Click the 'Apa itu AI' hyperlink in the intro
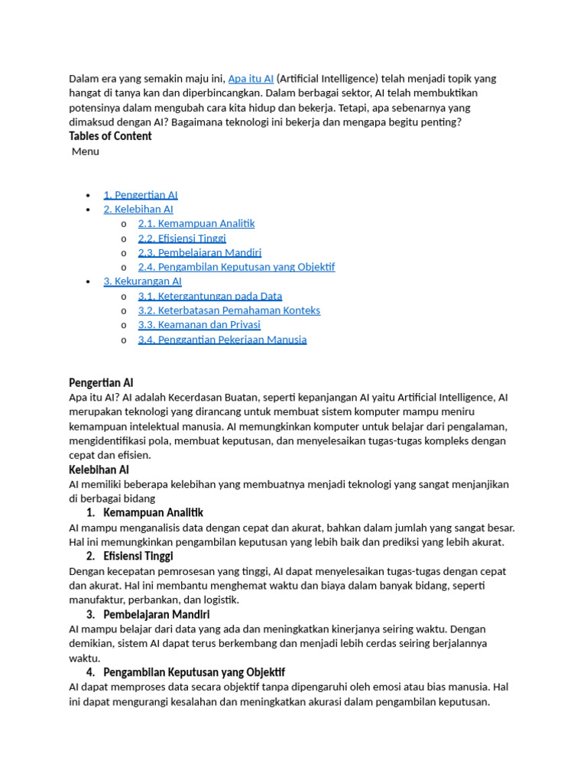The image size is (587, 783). [251, 79]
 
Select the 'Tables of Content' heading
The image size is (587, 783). [110, 136]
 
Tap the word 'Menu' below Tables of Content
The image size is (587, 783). [86, 151]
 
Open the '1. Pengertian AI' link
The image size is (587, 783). [141, 195]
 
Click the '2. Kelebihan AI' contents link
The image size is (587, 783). [138, 210]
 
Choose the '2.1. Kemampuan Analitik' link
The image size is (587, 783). [196, 224]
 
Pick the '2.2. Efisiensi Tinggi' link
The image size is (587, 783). [182, 239]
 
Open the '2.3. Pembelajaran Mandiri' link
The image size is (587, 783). [199, 253]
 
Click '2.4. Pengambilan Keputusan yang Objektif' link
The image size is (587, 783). [236, 268]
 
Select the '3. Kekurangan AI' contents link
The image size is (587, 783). [142, 281]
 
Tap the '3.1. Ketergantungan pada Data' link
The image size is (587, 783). [210, 296]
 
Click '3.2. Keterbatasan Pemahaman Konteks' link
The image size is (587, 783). [229, 310]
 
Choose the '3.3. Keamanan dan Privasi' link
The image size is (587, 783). [199, 325]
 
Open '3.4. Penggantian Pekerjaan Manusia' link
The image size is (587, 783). [222, 340]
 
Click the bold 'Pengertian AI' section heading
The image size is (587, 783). [102, 382]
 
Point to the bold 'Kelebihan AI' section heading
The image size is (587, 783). [99, 469]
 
